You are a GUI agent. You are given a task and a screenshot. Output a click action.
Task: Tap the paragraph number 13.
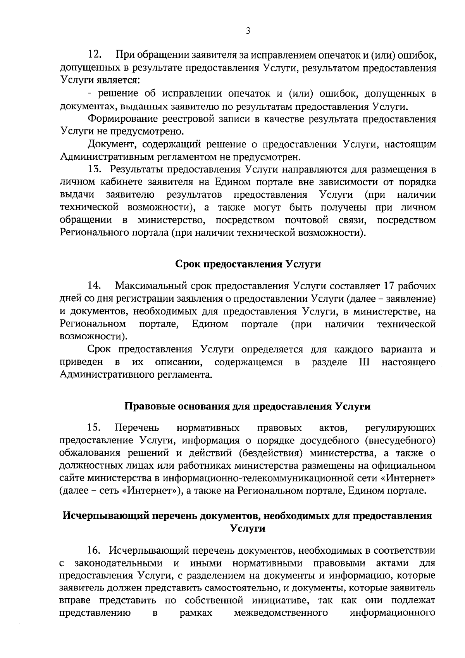coord(95,169)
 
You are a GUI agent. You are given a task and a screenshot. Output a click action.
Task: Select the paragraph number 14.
coord(95,286)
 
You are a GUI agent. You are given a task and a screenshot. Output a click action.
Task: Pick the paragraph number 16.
coord(95,550)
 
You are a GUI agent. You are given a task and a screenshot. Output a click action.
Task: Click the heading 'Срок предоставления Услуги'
coord(248,264)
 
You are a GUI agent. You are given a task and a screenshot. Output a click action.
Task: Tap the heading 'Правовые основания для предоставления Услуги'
coord(248,406)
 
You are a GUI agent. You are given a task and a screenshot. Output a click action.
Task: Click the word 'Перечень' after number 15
coord(137,428)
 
